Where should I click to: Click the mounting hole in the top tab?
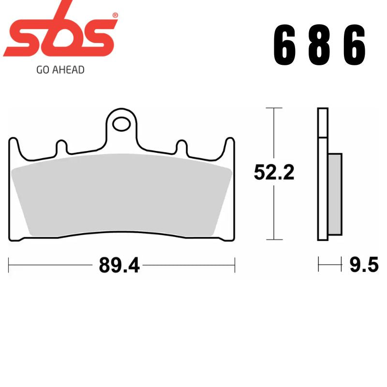click(x=121, y=124)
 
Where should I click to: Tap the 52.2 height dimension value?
click(x=274, y=172)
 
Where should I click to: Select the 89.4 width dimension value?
click(x=119, y=265)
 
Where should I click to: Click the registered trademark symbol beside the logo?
click(x=115, y=15)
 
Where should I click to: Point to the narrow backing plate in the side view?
click(x=323, y=174)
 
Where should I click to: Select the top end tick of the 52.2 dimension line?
click(x=274, y=108)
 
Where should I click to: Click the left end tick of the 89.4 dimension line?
click(x=9, y=265)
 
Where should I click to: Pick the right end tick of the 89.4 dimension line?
click(x=235, y=265)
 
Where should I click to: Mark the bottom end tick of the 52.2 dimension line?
click(x=274, y=240)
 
